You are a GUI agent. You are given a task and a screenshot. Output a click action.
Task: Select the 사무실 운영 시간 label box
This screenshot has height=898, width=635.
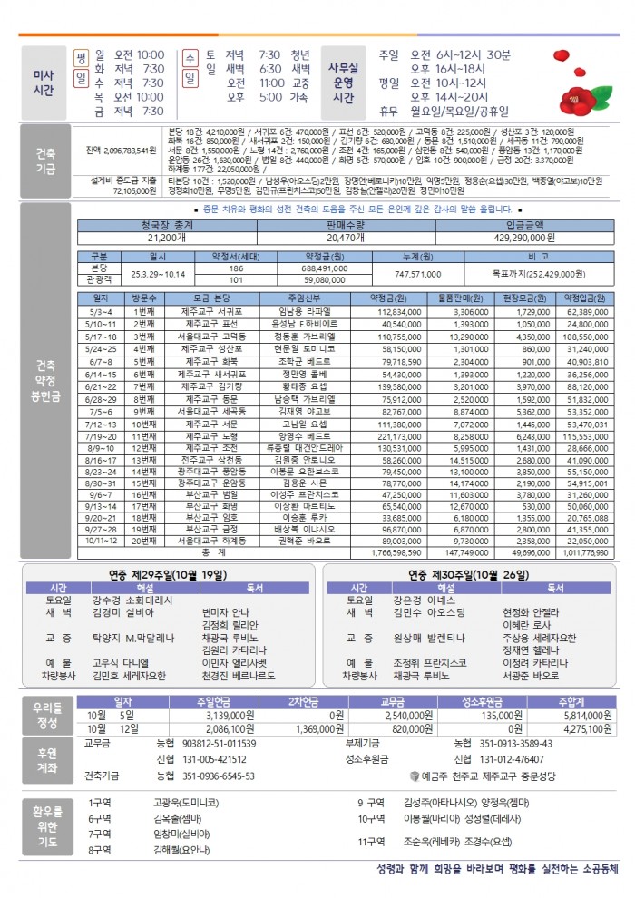(344, 83)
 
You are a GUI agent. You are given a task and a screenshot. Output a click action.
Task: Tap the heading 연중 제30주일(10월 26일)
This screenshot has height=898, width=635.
(466, 574)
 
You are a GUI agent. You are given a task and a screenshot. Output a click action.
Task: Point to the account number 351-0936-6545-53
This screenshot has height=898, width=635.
(218, 776)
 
